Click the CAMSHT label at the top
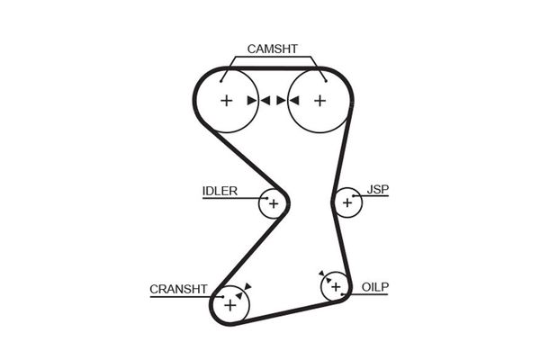(272, 49)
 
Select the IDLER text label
(220, 191)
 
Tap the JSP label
(377, 190)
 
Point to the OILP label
(375, 286)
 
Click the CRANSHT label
(178, 289)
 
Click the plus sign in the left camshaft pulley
(227, 100)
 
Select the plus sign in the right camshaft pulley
(319, 100)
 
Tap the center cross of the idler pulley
(273, 204)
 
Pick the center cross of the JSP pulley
(347, 203)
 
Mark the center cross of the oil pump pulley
(336, 287)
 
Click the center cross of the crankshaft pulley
(230, 306)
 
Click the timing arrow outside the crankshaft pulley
(247, 286)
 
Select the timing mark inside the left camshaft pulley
(252, 100)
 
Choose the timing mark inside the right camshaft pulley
(293, 100)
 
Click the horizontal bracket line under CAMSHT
(272, 58)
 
